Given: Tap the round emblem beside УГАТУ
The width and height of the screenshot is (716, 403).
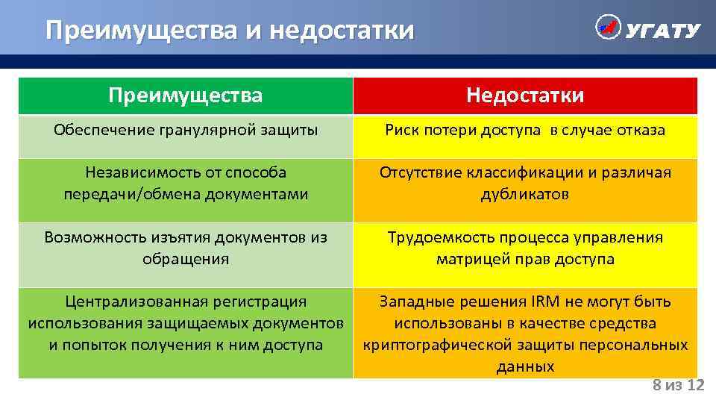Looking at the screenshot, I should [x=608, y=28].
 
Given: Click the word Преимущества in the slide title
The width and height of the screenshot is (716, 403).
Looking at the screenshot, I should [x=142, y=31].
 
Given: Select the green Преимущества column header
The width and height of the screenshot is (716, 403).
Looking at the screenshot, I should [x=185, y=96].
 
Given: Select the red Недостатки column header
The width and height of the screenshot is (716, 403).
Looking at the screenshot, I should [x=525, y=96].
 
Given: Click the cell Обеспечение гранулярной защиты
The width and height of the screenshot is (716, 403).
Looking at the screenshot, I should [x=186, y=130].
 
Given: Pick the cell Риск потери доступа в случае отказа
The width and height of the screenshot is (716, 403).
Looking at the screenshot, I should [x=525, y=130].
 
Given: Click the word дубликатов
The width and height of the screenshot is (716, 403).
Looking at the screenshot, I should [x=525, y=195].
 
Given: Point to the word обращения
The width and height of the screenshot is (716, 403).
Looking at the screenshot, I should [x=185, y=259].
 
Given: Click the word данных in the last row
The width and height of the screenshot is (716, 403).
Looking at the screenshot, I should [x=525, y=366].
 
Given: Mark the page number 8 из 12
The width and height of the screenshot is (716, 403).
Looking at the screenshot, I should [x=678, y=385].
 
